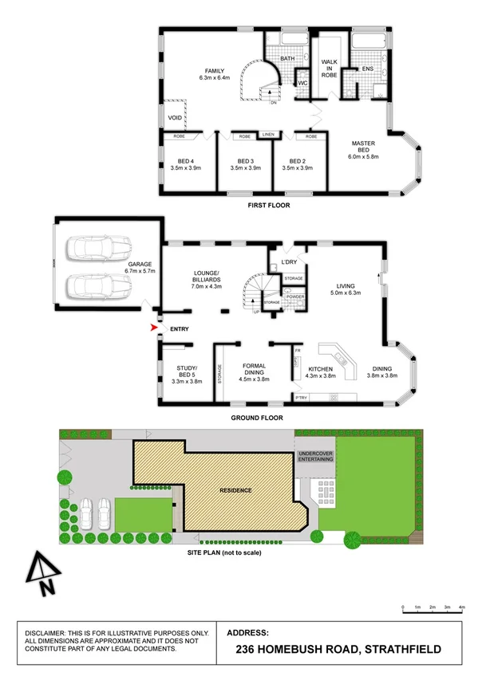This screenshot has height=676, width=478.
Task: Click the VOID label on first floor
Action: [x=175, y=118]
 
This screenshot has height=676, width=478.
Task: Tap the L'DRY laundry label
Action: [x=289, y=261]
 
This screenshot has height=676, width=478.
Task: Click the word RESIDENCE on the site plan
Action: [x=236, y=489]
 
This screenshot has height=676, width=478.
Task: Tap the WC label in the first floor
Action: [x=303, y=83]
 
